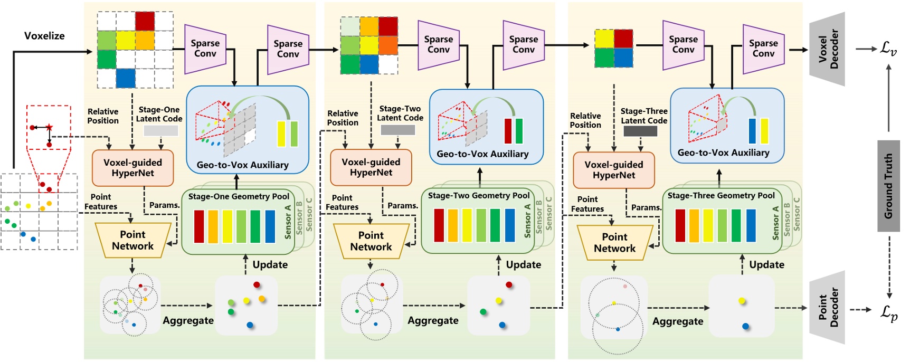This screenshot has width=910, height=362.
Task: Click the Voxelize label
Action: pyautogui.click(x=44, y=36)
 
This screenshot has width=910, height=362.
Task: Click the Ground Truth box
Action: pyautogui.click(x=888, y=186)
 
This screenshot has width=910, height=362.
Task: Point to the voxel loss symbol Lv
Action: pyautogui.click(x=888, y=49)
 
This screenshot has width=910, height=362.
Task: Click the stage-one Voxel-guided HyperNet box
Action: pyautogui.click(x=132, y=168)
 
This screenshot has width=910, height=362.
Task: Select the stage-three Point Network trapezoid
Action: pyautogui.click(x=614, y=243)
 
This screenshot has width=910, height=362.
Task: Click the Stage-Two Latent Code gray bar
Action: pyautogui.click(x=397, y=130)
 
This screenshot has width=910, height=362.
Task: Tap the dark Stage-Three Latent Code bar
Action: pyautogui.click(x=640, y=131)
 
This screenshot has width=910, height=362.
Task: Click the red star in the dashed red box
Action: pyautogui.click(x=49, y=127)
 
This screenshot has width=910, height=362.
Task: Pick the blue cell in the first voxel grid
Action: pyautogui.click(x=126, y=78)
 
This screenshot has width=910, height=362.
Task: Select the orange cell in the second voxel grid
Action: pyautogui.click(x=388, y=45)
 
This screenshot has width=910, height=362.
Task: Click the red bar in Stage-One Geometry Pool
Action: pyautogui.click(x=199, y=226)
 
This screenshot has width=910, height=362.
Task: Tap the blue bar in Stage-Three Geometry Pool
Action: pyautogui.click(x=751, y=225)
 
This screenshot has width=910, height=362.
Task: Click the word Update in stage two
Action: pyautogui.click(x=523, y=264)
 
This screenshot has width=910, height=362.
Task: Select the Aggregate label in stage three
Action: pyautogui.click(x=678, y=321)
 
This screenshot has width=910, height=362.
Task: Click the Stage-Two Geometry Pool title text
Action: pyautogui.click(x=478, y=195)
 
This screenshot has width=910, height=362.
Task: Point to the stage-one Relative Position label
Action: pyautogui.click(x=103, y=116)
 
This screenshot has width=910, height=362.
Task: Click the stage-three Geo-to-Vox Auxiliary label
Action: pyautogui.click(x=723, y=153)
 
